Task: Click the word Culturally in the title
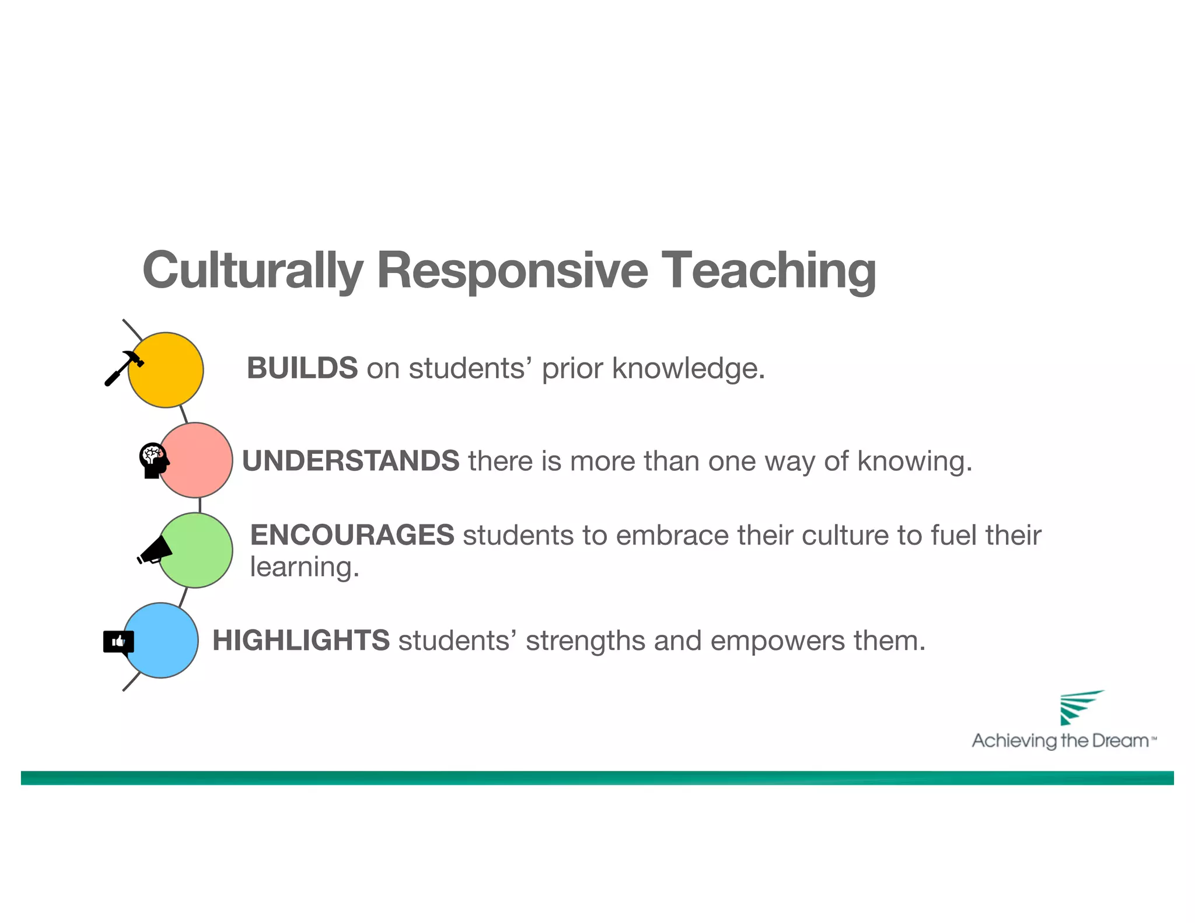[252, 270]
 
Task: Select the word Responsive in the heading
[512, 270]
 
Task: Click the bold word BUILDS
[302, 368]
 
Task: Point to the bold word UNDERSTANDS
[351, 461]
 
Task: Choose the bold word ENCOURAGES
[352, 535]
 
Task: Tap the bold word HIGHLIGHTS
[301, 641]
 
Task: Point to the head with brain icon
[153, 460]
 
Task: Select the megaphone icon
[155, 551]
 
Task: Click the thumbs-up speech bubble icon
[118, 642]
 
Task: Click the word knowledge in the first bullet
[688, 369]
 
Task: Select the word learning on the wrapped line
[304, 568]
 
